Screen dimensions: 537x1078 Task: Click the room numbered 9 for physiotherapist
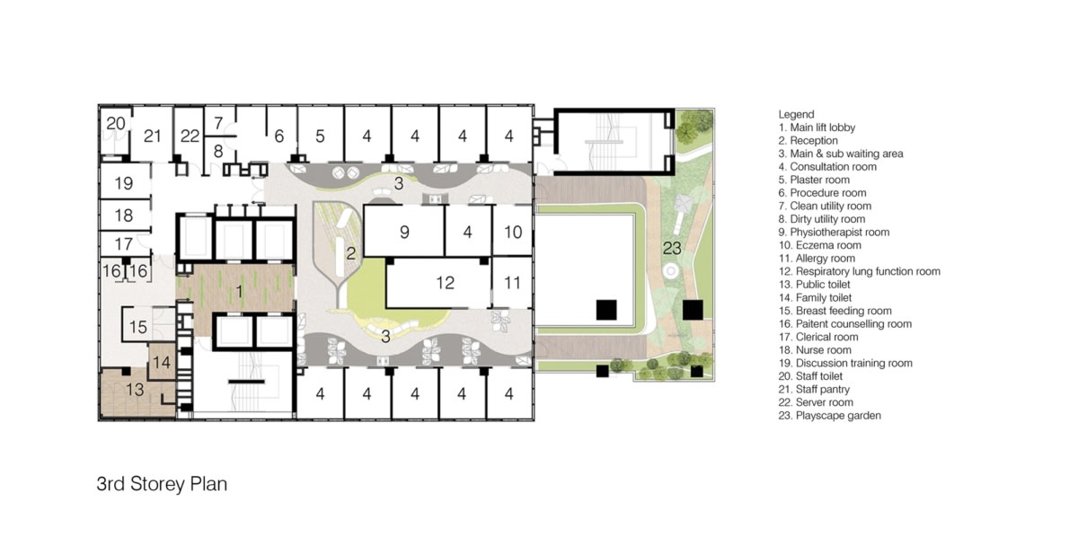coord(404,232)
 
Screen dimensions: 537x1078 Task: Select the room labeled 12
coord(445,283)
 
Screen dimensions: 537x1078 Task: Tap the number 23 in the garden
coord(671,246)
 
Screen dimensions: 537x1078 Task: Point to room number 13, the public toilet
coord(134,390)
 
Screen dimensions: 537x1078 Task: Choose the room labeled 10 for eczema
coord(512,232)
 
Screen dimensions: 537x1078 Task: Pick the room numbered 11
coord(512,283)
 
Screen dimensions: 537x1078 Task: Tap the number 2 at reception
coord(352,252)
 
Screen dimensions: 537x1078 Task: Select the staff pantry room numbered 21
coord(152,136)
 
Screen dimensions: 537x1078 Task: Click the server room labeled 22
coord(189,136)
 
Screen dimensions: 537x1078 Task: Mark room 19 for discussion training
coord(124,183)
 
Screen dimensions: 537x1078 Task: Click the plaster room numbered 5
coord(320,136)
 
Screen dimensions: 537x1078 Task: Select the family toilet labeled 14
coord(162,362)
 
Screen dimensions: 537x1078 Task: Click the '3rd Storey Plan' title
coord(162,484)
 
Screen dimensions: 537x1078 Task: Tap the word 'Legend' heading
coord(796,114)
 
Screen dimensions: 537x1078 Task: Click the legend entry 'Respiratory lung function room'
coord(859,271)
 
